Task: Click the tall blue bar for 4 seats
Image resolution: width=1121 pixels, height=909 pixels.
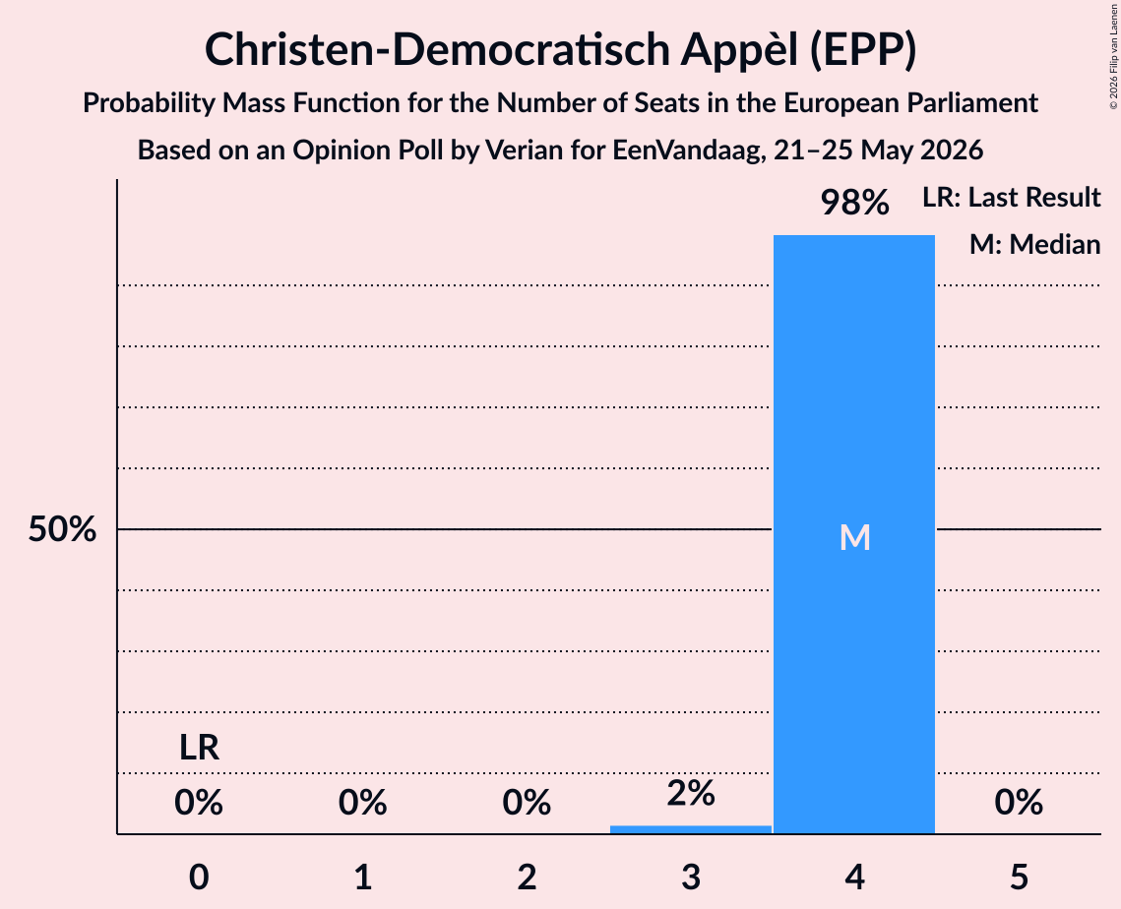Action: (x=854, y=534)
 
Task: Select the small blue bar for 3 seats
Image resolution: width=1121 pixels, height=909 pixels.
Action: (x=691, y=829)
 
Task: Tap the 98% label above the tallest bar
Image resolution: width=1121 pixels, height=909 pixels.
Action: (x=854, y=203)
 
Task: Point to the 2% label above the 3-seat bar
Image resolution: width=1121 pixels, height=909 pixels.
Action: (x=691, y=793)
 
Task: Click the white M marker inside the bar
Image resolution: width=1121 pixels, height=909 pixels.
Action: (x=855, y=537)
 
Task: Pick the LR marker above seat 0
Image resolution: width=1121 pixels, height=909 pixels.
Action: (x=199, y=748)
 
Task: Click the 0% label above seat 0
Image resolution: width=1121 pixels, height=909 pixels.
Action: (x=199, y=803)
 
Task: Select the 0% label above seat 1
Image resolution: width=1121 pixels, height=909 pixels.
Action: (x=362, y=803)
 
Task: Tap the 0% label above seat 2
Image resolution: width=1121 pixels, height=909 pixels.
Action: (x=527, y=803)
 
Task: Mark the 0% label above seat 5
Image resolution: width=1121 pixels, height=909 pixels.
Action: (x=1019, y=803)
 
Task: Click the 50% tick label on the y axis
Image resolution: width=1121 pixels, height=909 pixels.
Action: (x=62, y=529)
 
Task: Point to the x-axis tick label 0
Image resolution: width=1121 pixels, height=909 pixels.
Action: (x=199, y=877)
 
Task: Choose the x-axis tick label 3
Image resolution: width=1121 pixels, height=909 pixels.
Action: (x=691, y=877)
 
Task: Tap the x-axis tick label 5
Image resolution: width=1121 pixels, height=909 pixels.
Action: (x=1019, y=877)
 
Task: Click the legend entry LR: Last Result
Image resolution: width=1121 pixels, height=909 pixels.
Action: (x=1012, y=197)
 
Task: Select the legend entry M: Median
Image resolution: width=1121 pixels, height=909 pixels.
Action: (x=1035, y=244)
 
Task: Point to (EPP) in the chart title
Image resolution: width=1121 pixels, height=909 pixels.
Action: (x=863, y=50)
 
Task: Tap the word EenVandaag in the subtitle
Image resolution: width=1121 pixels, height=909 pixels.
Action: (x=688, y=151)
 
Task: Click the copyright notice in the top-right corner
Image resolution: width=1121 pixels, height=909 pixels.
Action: (x=1113, y=56)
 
